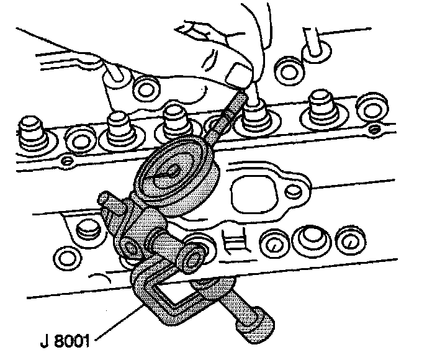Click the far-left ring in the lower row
pyautogui.click(x=65, y=255)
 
